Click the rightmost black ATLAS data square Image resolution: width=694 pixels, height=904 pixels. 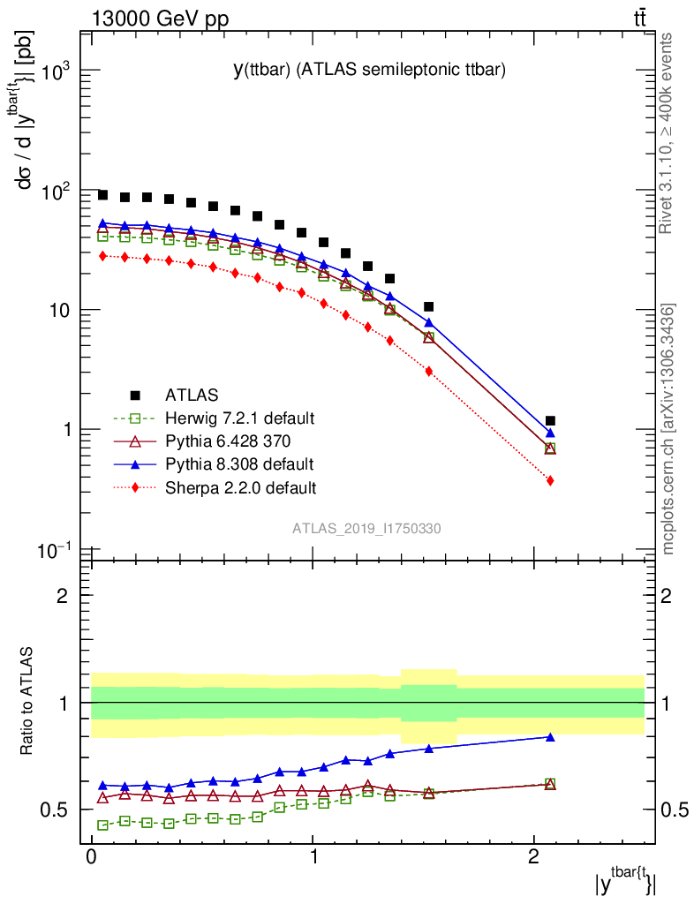550,421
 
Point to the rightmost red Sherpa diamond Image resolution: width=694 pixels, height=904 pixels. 550,480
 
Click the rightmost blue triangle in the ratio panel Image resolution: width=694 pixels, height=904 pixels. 550,737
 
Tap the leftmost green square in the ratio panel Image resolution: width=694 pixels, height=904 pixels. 103,825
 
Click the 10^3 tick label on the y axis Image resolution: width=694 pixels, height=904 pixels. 53,72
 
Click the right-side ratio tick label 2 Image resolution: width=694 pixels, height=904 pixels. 668,596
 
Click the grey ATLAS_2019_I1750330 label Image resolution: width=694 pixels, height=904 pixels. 367,529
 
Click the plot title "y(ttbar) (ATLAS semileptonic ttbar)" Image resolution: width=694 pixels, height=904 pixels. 368,72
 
